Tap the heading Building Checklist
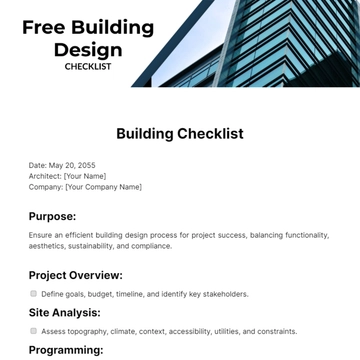click(x=180, y=133)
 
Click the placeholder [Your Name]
click(x=86, y=175)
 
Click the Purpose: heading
click(x=52, y=215)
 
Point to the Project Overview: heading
click(x=76, y=274)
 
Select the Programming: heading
click(x=66, y=349)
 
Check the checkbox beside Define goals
click(x=34, y=294)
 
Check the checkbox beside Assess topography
click(x=34, y=330)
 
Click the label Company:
click(x=46, y=186)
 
